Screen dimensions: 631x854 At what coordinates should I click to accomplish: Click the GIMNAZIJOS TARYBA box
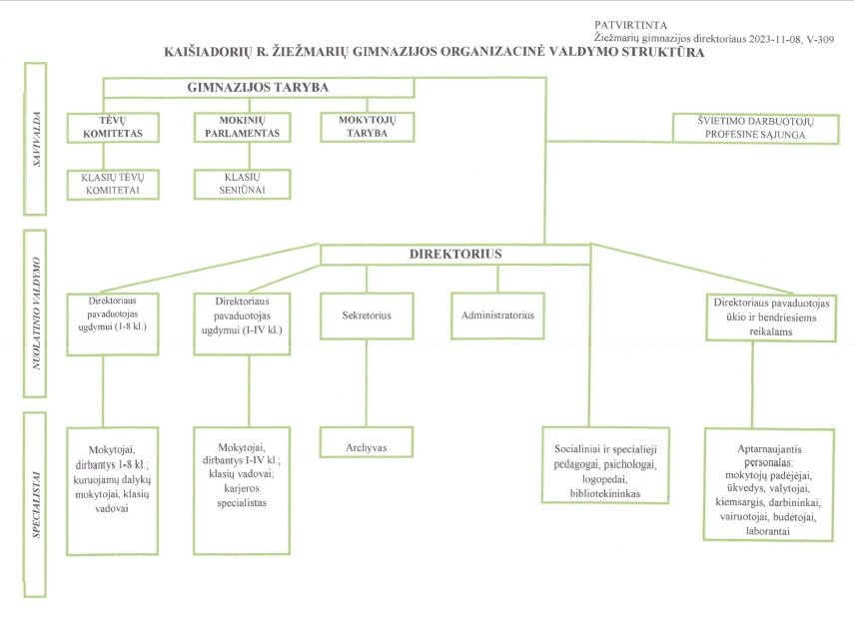pyautogui.click(x=260, y=88)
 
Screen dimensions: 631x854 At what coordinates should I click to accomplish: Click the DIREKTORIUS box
pyautogui.click(x=455, y=255)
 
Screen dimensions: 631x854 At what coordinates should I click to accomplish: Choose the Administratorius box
pyautogui.click(x=497, y=315)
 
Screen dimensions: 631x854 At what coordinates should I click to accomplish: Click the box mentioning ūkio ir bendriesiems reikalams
pyautogui.click(x=771, y=317)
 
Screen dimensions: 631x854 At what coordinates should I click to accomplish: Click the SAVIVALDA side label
pyautogui.click(x=35, y=139)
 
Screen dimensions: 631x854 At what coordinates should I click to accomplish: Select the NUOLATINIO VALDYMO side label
pyautogui.click(x=35, y=315)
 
